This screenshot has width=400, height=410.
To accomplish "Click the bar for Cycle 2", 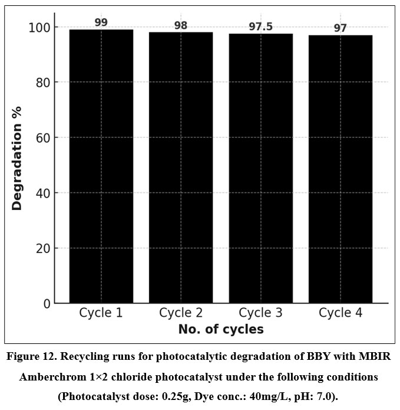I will pyautogui.click(x=181, y=168).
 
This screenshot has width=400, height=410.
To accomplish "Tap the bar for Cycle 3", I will pyautogui.click(x=260, y=168).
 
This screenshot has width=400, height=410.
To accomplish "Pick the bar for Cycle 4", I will pyautogui.click(x=341, y=169).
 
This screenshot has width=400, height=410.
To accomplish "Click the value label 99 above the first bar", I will pyautogui.click(x=101, y=22).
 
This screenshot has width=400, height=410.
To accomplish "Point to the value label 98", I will pyautogui.click(x=181, y=25).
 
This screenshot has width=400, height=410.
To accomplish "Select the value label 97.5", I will pyautogui.click(x=260, y=27).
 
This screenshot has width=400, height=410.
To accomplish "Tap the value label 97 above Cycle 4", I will pyautogui.click(x=341, y=28).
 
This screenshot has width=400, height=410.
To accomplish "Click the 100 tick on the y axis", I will pyautogui.click(x=41, y=27).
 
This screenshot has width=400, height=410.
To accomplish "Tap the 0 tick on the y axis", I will pyautogui.click(x=47, y=304).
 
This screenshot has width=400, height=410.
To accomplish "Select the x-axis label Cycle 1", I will pyautogui.click(x=101, y=313).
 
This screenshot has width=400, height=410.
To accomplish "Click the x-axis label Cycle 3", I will pyautogui.click(x=260, y=313).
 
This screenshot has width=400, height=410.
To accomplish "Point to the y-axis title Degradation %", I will pyautogui.click(x=17, y=158).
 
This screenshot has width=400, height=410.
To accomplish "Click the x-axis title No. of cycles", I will pyautogui.click(x=220, y=329).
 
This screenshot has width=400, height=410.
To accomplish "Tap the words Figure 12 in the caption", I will pyautogui.click(x=35, y=357).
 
